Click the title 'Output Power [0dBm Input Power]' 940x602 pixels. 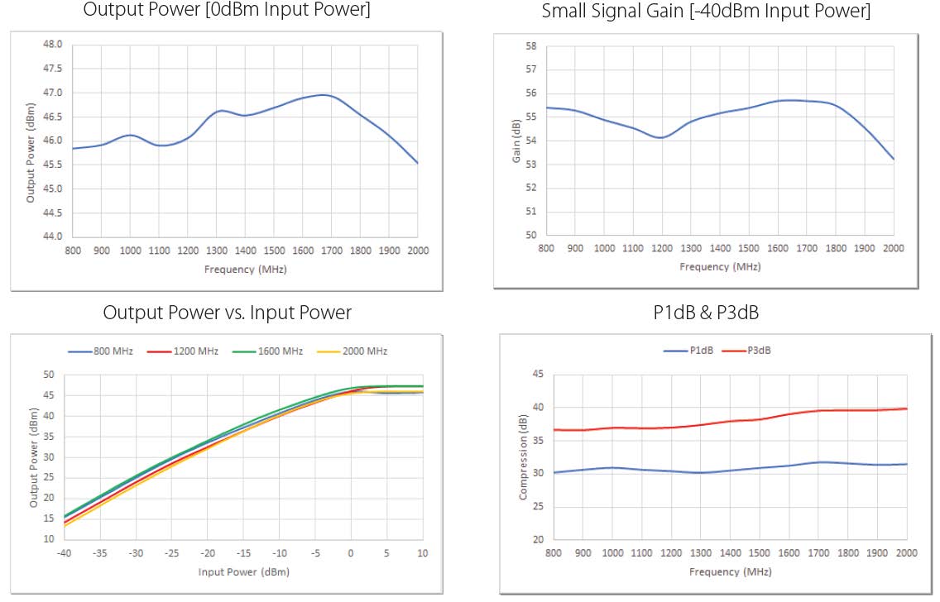coord(227,12)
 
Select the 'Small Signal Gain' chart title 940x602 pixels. coord(706,12)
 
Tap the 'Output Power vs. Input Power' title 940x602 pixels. coord(227,313)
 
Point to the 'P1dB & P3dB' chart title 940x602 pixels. coord(705,313)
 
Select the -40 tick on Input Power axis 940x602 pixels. coord(65,553)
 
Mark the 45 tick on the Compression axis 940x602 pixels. coord(537,374)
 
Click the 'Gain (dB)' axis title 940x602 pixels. coord(516,141)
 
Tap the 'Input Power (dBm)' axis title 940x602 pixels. coord(243,571)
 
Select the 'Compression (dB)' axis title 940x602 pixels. coord(523,457)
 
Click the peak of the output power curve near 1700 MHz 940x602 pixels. coord(325,95)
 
